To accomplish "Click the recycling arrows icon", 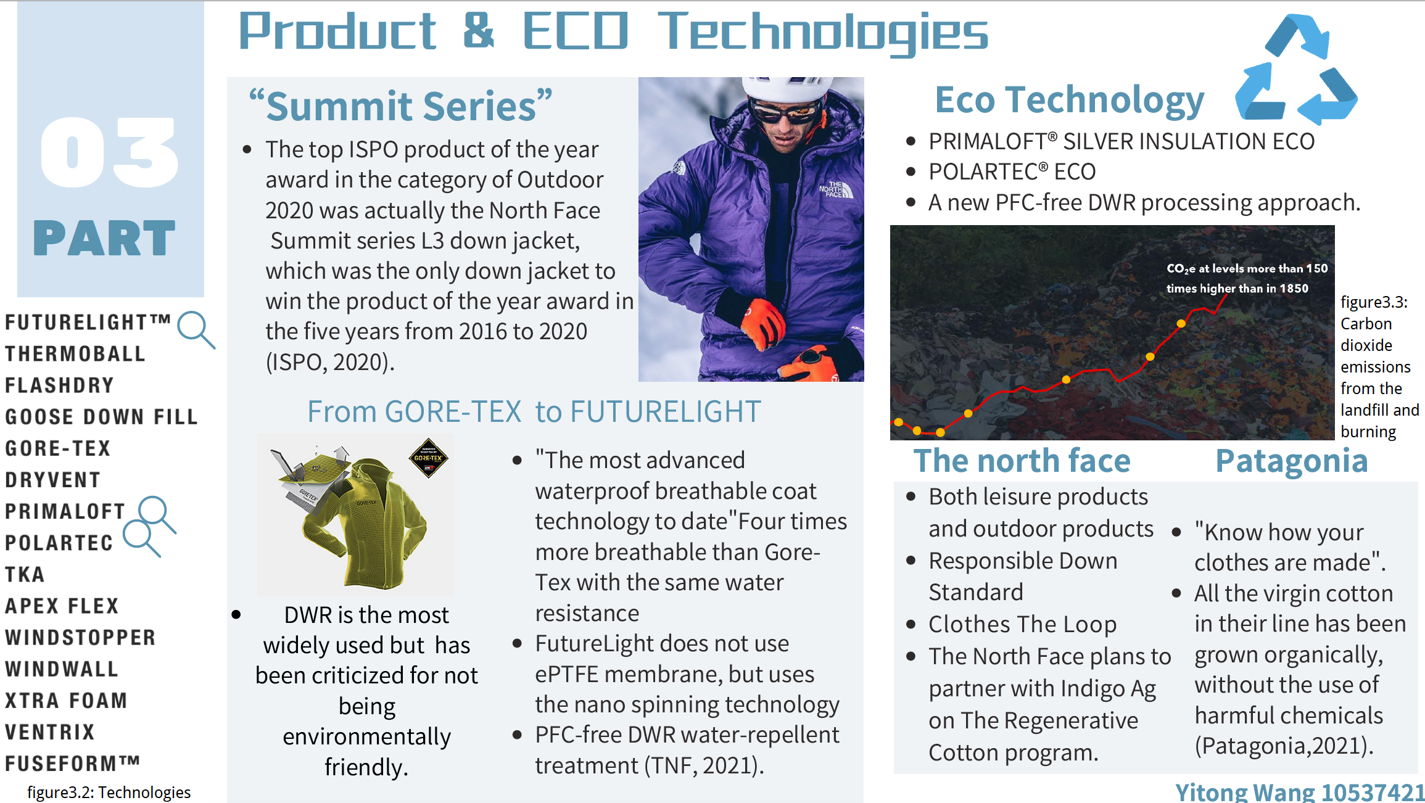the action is (x=1295, y=69).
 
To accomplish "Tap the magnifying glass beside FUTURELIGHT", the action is (x=196, y=330).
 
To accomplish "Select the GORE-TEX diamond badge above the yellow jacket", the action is (x=428, y=458).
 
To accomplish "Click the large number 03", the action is (x=110, y=152).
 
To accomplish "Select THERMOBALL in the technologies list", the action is (x=75, y=354).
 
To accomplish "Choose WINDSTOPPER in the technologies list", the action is (x=80, y=638).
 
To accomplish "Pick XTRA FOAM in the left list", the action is (x=66, y=701).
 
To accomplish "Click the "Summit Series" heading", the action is (x=400, y=105).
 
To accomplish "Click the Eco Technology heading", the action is (x=1070, y=100).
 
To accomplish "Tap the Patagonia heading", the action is (x=1292, y=461).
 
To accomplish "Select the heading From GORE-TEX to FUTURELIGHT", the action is (x=534, y=411).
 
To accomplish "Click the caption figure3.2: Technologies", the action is (x=109, y=792).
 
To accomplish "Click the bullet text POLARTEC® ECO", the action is (x=1012, y=172).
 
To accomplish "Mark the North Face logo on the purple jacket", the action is (x=836, y=189).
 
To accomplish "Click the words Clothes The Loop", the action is (x=1023, y=624).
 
